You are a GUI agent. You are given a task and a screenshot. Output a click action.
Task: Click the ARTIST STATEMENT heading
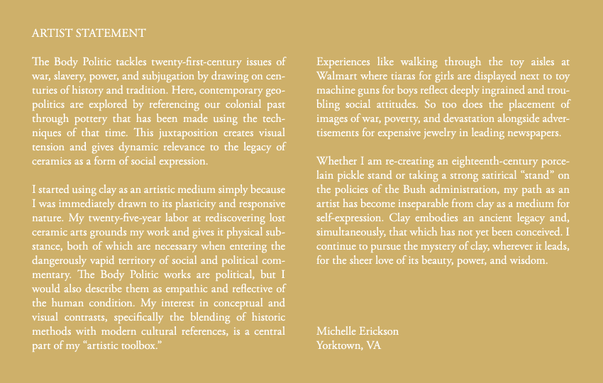click(x=89, y=33)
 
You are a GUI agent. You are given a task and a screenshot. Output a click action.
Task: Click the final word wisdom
click(x=529, y=260)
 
